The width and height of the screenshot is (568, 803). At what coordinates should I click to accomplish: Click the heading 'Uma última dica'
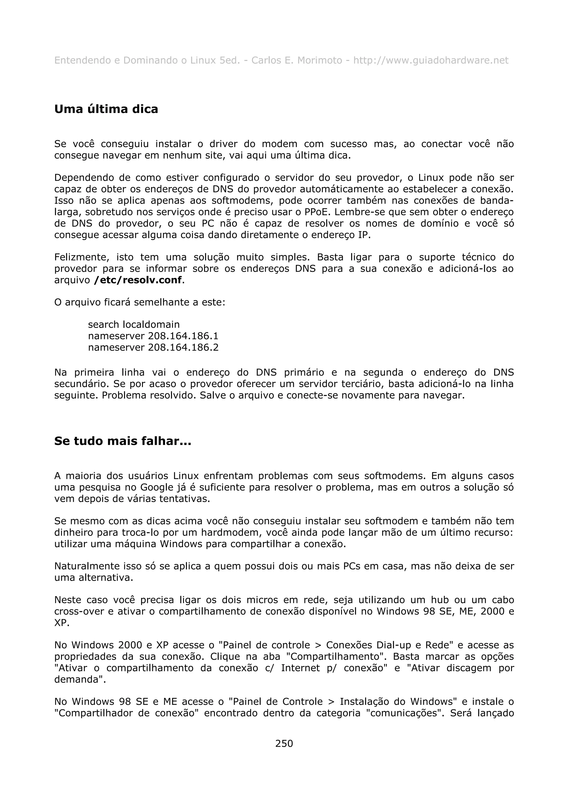106,109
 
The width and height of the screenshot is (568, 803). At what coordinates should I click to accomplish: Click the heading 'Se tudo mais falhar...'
123,441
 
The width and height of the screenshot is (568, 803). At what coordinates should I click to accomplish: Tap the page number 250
284,743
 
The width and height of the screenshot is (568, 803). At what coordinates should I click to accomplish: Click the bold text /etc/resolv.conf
138,280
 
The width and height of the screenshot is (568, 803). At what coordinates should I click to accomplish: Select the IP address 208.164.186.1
183,336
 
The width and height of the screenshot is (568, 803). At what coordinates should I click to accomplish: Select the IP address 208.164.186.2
183,348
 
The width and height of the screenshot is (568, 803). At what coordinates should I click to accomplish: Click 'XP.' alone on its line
62,623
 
